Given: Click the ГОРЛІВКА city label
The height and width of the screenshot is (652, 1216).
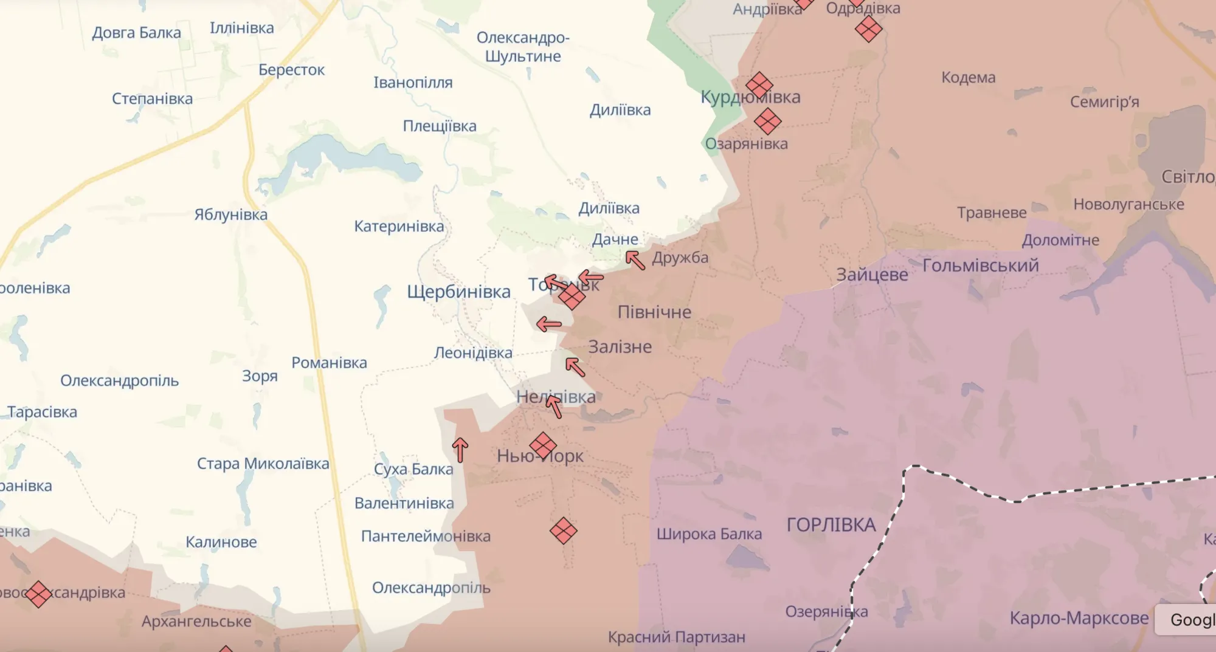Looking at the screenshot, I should click(x=831, y=525).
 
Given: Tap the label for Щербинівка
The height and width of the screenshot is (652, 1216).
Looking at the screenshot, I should click(x=458, y=292).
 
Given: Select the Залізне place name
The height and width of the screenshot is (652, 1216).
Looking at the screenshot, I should click(x=620, y=347).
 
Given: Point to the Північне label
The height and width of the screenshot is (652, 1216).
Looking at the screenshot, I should click(x=654, y=312).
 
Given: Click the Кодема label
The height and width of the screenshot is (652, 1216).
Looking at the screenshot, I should click(x=968, y=78).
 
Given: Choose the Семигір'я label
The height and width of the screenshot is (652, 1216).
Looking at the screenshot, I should click(x=1104, y=101).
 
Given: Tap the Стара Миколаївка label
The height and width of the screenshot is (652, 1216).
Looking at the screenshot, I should click(x=263, y=464).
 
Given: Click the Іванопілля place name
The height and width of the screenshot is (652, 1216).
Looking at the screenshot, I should click(x=413, y=83).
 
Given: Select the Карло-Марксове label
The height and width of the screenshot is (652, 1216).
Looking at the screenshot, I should click(x=1079, y=618).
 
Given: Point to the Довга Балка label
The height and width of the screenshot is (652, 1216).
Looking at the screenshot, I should click(x=136, y=33).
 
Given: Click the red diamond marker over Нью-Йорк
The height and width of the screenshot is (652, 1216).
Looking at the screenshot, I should click(x=543, y=445).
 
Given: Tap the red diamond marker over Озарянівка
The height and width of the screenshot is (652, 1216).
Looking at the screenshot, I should click(x=767, y=122).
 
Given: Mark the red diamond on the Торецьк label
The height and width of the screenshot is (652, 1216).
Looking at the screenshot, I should click(x=572, y=297).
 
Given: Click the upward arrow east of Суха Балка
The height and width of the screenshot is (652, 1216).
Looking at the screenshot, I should click(x=460, y=450).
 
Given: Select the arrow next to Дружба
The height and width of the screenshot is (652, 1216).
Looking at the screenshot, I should click(x=635, y=260).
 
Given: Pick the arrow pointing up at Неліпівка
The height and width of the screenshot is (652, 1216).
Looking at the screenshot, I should click(x=554, y=406).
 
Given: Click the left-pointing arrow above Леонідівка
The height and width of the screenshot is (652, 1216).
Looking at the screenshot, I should click(x=548, y=324).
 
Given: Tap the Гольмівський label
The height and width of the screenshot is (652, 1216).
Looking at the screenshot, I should click(x=980, y=266).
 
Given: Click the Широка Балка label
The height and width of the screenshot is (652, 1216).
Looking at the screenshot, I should click(x=709, y=534).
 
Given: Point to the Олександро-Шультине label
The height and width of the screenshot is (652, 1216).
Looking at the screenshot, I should click(x=523, y=47).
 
